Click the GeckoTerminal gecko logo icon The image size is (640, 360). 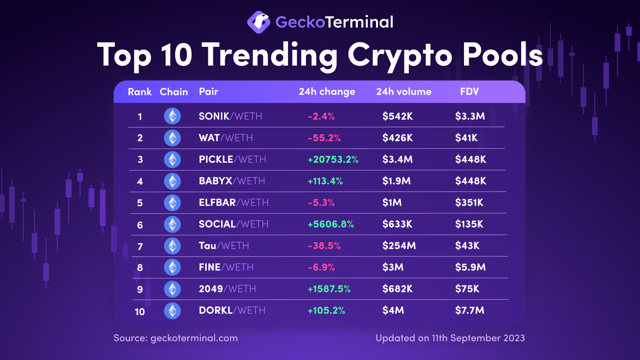point(258,22)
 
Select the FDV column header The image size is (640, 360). point(469,92)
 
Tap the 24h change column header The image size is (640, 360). point(327,92)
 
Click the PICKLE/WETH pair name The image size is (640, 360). point(232,159)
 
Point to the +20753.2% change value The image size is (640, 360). point(333,160)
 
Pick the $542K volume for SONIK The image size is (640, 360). point(398,116)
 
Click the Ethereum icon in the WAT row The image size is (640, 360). point(172,138)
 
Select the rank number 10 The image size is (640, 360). point(140,311)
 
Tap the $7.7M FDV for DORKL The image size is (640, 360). point(470,310)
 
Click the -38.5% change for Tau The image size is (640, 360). point(324,246)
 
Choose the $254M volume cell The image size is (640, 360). point(399,246)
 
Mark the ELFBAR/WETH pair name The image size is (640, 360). point(234,202)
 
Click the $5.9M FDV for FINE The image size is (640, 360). point(470,267)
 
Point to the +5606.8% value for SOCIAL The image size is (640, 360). point(330,224)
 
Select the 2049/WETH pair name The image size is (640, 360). point(227,288)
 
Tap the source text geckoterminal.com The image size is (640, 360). point(194,338)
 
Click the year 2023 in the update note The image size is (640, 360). point(514,338)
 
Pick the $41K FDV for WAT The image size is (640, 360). point(466,138)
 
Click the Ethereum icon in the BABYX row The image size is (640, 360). point(172,181)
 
